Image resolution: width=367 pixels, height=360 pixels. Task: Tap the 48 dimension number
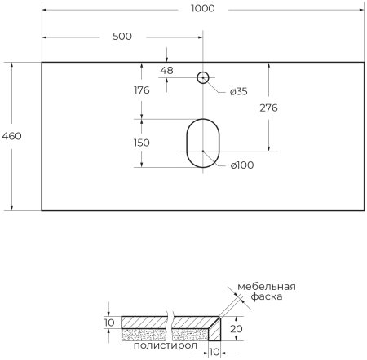click(x=166, y=71)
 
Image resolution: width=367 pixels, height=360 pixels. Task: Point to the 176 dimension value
click(x=141, y=90)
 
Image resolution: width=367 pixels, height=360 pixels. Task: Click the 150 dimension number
click(x=141, y=143)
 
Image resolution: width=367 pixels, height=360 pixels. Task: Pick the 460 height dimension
click(x=11, y=136)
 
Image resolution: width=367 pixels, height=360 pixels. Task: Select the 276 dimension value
click(x=270, y=108)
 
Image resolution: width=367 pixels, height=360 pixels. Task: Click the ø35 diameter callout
click(x=238, y=91)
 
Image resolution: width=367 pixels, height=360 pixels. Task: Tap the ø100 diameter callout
click(x=241, y=165)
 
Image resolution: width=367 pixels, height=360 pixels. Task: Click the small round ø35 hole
click(x=203, y=78)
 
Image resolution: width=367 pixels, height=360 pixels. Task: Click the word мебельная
click(x=267, y=286)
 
